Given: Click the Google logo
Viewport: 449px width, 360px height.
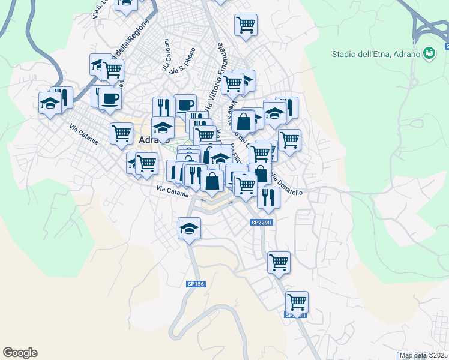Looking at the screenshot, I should click(x=20, y=353).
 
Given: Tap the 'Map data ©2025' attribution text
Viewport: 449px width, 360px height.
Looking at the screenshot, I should click(x=424, y=355).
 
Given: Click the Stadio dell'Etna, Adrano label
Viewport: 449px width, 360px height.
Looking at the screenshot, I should click(x=376, y=54).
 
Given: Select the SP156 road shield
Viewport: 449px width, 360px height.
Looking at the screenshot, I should click(x=196, y=284).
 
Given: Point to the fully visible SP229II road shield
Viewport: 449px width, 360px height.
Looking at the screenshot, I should click(x=262, y=223).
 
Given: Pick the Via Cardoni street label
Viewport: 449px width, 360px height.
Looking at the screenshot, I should click(x=166, y=56).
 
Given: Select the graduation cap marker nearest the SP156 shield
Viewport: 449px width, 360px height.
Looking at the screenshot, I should click(x=189, y=228).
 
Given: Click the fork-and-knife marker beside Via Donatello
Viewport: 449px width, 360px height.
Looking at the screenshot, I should click(x=268, y=196).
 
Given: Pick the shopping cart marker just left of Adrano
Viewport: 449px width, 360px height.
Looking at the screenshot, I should click(x=121, y=133).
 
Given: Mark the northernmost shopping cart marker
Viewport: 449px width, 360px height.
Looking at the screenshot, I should click(x=246, y=25).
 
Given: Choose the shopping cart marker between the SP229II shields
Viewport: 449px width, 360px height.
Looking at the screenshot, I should click(x=279, y=262).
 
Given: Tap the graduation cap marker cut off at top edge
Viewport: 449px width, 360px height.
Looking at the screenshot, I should click(x=126, y=4).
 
